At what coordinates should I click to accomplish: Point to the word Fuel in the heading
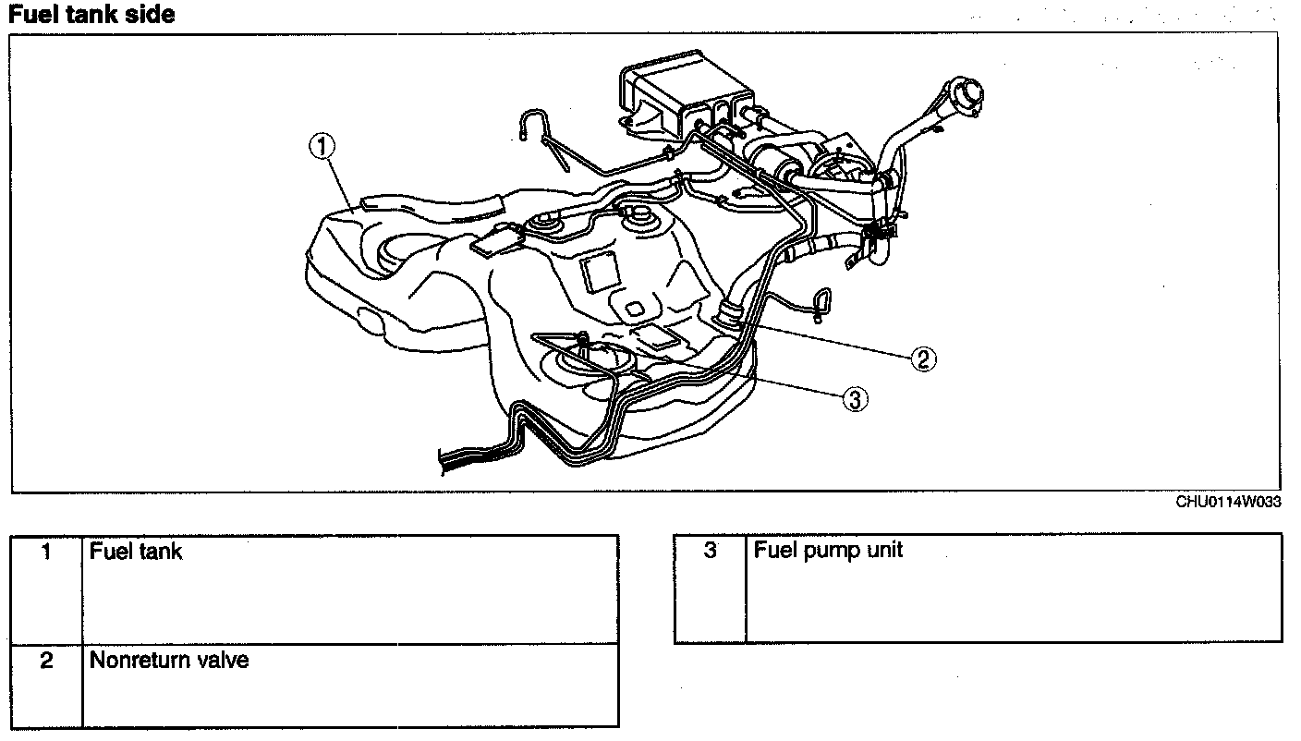[32, 16]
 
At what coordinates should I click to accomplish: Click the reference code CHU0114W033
[1228, 503]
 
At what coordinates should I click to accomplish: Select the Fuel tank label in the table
[136, 552]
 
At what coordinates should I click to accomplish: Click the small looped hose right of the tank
[821, 302]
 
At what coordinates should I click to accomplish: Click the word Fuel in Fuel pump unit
[772, 551]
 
